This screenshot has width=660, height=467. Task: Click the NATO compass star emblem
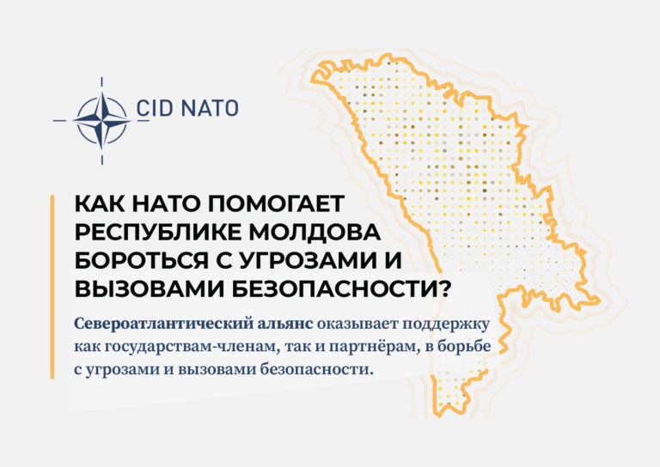click(102, 121)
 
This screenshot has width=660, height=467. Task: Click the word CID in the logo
click(155, 108)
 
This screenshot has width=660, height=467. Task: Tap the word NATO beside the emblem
click(211, 108)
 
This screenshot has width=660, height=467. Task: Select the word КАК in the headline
click(100, 203)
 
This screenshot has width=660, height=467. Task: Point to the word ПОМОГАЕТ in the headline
click(276, 203)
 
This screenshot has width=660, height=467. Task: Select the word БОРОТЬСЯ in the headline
click(142, 261)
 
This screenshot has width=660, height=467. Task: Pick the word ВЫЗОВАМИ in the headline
click(149, 289)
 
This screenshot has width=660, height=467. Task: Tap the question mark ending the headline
click(445, 289)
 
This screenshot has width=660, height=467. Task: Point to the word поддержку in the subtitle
click(447, 325)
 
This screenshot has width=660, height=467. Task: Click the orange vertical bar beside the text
click(52, 287)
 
